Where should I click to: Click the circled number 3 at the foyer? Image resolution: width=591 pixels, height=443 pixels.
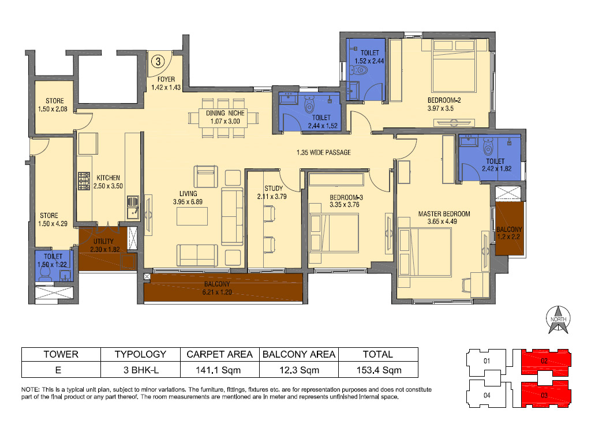tap(158, 61)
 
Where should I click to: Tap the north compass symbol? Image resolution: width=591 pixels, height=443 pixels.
tap(558, 320)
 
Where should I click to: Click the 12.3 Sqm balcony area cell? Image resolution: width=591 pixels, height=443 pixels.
tap(300, 370)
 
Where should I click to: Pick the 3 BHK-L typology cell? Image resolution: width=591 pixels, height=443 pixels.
tap(141, 370)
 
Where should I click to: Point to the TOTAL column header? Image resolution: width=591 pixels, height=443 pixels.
tap(378, 355)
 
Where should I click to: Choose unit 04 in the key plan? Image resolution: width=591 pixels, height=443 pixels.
tap(487, 395)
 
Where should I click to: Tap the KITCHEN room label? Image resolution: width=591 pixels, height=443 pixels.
tap(108, 178)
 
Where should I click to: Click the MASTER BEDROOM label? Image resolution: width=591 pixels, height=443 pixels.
tap(444, 214)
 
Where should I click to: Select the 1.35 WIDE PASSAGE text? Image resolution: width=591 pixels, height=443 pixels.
tap(323, 152)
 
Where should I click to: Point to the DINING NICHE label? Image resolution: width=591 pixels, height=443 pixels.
tap(225, 113)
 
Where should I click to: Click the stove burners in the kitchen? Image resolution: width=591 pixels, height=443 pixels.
tap(84, 181)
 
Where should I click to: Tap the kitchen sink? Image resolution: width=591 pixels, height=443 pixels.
tap(133, 208)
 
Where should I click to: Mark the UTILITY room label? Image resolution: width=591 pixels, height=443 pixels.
tap(104, 242)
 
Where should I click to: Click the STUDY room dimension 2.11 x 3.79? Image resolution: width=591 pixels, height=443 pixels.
tap(272, 196)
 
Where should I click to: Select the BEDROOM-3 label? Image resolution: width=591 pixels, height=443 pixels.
tap(346, 197)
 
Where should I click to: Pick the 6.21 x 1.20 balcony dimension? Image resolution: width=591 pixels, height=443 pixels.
tap(217, 292)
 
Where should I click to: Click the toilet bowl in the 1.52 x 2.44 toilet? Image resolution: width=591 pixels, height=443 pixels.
tap(358, 70)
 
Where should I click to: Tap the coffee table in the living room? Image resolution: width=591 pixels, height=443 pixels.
tap(192, 216)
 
